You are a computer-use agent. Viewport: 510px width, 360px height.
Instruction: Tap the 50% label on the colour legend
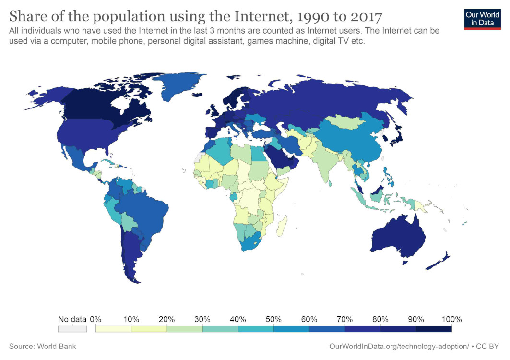[x=273, y=319]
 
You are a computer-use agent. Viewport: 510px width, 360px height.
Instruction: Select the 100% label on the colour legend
[x=451, y=319]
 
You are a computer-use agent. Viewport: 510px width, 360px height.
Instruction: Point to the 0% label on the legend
[x=95, y=319]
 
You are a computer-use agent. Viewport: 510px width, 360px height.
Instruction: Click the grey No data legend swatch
[x=72, y=329]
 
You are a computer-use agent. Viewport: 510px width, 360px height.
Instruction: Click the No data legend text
[x=72, y=319]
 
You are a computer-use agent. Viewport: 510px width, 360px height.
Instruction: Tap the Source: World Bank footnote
[x=42, y=346]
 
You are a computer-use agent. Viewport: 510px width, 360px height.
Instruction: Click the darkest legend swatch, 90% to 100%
[x=434, y=329]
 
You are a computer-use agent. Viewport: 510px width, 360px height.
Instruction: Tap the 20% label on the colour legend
[x=166, y=319]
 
